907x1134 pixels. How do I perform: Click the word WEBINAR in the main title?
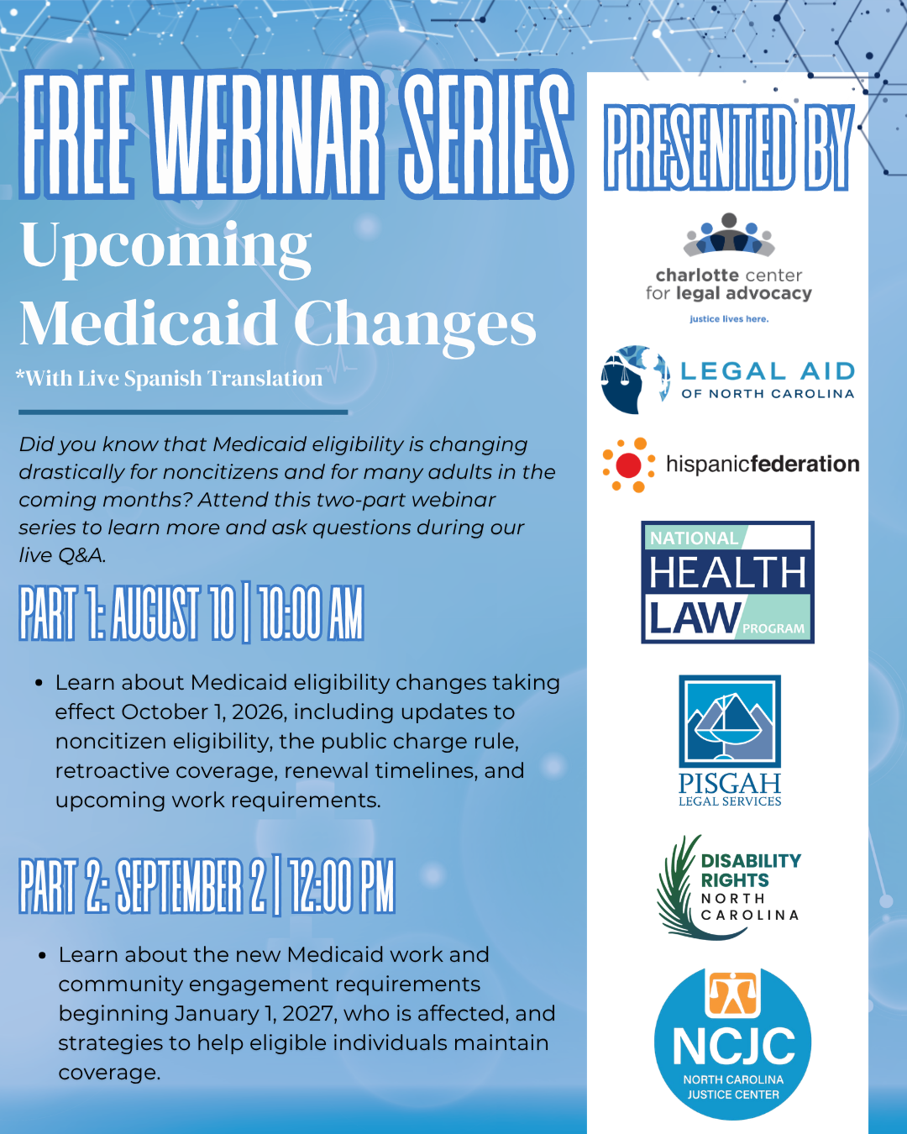coord(266,135)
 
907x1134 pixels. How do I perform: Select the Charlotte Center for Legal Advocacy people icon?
coord(729,234)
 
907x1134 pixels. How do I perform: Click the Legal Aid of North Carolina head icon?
coord(635,379)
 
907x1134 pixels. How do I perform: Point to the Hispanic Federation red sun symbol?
coord(629,465)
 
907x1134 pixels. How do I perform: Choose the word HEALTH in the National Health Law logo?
coord(727,572)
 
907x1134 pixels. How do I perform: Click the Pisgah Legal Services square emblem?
coord(730,721)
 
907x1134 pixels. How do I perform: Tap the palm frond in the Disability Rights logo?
coord(685,886)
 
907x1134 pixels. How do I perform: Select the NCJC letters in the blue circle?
coord(733,1046)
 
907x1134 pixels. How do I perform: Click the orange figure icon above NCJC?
coord(732,995)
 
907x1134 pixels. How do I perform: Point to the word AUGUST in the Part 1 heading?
coord(155,614)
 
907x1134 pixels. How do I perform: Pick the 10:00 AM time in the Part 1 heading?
coord(311,614)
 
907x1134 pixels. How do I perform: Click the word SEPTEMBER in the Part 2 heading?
coord(179,887)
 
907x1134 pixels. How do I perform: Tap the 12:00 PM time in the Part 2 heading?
coord(342,887)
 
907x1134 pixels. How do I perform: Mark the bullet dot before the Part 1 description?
coord(39,684)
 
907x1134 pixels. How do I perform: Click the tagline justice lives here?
coord(729,319)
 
